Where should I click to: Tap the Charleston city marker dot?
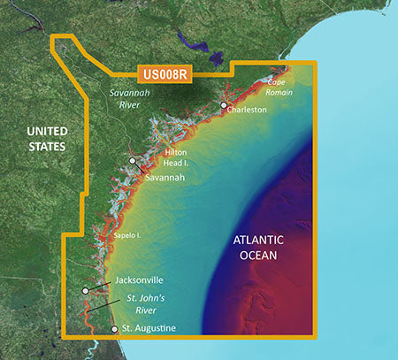[x=224, y=105]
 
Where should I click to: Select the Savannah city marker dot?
[x=133, y=161]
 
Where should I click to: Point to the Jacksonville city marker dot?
[x=85, y=290]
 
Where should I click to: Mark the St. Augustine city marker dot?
[x=114, y=329]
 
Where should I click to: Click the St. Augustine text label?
[x=149, y=329]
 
